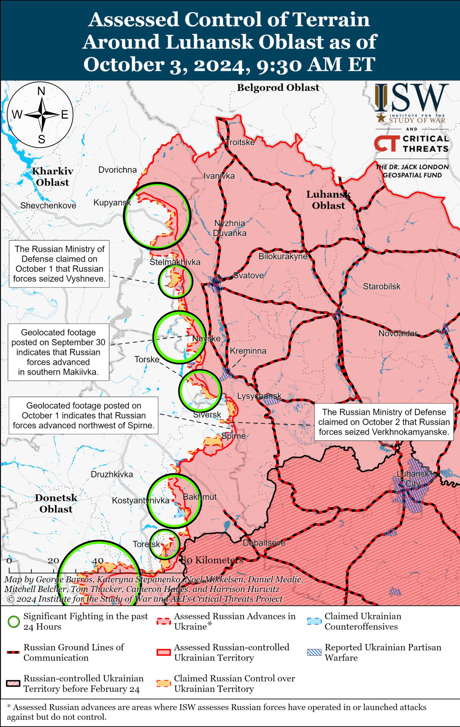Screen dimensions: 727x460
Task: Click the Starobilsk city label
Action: pyautogui.click(x=381, y=287)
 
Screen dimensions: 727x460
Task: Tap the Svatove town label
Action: pyautogui.click(x=248, y=276)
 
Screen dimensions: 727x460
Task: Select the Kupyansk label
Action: pyautogui.click(x=112, y=203)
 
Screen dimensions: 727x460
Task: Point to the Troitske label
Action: pyautogui.click(x=240, y=143)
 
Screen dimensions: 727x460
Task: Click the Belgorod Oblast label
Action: pyautogui.click(x=278, y=88)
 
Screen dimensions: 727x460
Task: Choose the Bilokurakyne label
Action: pyautogui.click(x=283, y=256)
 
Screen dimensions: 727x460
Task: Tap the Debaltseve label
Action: pyautogui.click(x=264, y=543)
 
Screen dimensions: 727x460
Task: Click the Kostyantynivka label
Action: pyautogui.click(x=140, y=501)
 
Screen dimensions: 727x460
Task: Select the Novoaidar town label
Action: pyautogui.click(x=398, y=333)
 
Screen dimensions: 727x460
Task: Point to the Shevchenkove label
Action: pyautogui.click(x=48, y=206)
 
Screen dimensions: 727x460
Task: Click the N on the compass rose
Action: pyautogui.click(x=41, y=91)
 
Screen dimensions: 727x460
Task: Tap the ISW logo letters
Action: pyautogui.click(x=412, y=98)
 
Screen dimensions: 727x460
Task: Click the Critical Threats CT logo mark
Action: pyautogui.click(x=386, y=143)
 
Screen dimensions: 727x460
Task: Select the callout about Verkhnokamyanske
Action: pyautogui.click(x=384, y=422)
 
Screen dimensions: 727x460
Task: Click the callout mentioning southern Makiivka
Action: pyautogui.click(x=58, y=352)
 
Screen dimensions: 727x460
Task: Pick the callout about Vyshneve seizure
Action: pyautogui.click(x=59, y=264)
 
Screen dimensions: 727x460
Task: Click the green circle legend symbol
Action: pyautogui.click(x=14, y=622)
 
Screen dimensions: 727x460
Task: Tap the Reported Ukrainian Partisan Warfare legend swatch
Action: pyautogui.click(x=314, y=653)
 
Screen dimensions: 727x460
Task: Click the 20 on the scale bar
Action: pyautogui.click(x=53, y=561)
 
